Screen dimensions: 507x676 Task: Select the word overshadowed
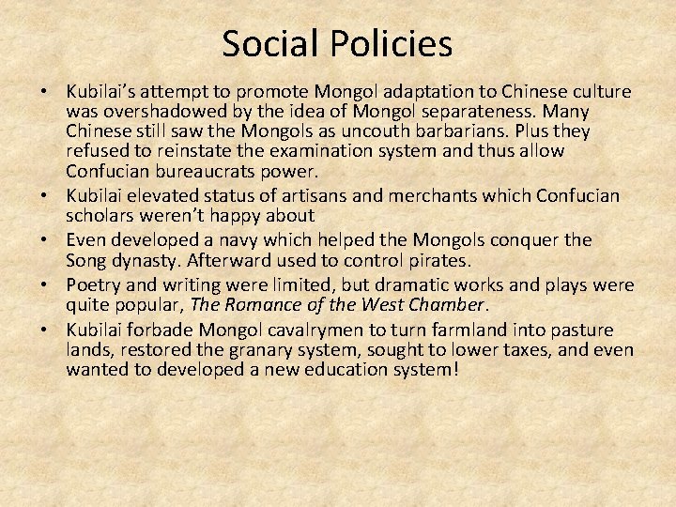[161, 112]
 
